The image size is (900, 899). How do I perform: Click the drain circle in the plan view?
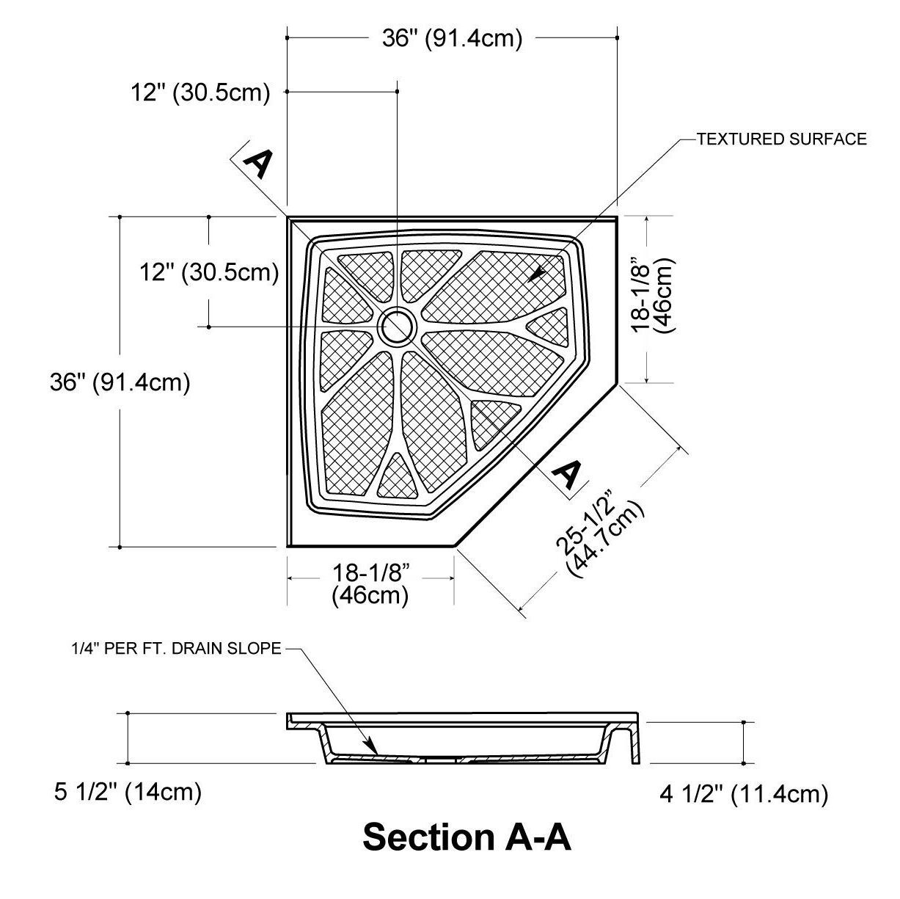coord(397,326)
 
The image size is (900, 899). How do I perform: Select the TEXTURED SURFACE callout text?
coord(781,139)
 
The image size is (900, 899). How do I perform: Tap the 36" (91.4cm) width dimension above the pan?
coord(452,38)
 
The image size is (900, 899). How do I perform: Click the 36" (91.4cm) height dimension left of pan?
coord(120,382)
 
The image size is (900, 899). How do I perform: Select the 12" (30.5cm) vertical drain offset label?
coord(210,272)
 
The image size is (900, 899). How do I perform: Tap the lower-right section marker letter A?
coord(567,474)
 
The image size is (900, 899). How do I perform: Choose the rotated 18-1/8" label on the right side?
coord(652,298)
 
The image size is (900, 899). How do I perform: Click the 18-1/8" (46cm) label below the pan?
coord(370,583)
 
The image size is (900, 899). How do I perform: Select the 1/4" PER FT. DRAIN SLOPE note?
coord(176,649)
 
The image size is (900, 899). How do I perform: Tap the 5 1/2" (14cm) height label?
coord(128,792)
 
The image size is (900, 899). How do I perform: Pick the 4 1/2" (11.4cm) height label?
coord(744,794)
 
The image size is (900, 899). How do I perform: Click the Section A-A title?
coord(467,837)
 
